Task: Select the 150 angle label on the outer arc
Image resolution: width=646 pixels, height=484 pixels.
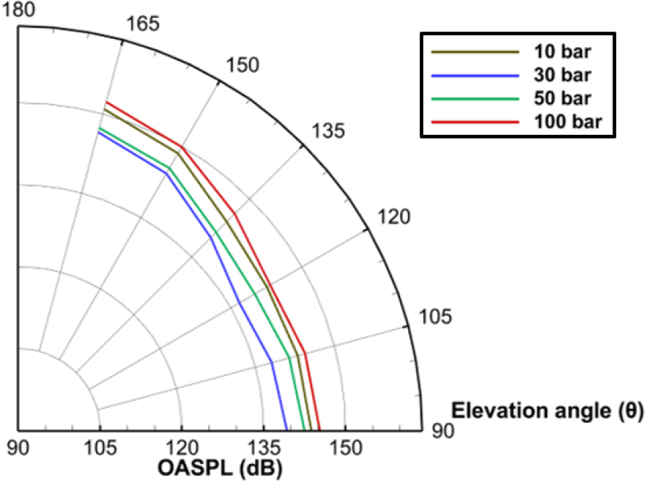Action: point(242,65)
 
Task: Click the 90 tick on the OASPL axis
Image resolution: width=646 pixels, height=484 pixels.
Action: point(18,448)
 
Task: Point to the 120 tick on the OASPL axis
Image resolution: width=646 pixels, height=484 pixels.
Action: point(180,448)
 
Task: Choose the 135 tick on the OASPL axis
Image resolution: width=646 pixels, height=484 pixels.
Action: point(262,448)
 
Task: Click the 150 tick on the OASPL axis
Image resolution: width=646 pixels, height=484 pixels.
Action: point(344,448)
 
